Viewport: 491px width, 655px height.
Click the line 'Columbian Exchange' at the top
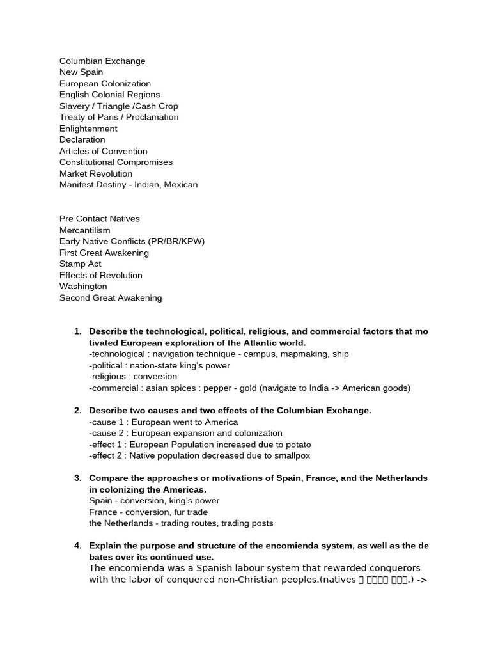(102, 61)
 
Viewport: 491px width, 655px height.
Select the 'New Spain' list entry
(81, 72)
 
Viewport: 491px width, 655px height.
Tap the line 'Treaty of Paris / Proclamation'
(119, 117)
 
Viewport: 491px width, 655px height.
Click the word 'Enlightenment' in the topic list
(88, 129)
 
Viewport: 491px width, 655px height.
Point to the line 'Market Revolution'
(96, 173)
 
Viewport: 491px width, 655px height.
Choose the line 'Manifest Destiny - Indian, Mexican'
(129, 185)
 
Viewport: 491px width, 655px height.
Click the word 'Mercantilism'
(84, 230)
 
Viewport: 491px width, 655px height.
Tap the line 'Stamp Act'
(81, 264)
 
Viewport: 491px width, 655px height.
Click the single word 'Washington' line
(83, 287)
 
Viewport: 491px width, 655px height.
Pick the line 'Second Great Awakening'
(111, 297)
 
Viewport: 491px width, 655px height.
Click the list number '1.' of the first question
(78, 331)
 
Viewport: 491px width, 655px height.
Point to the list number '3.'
(78, 478)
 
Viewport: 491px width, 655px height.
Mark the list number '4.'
(78, 546)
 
